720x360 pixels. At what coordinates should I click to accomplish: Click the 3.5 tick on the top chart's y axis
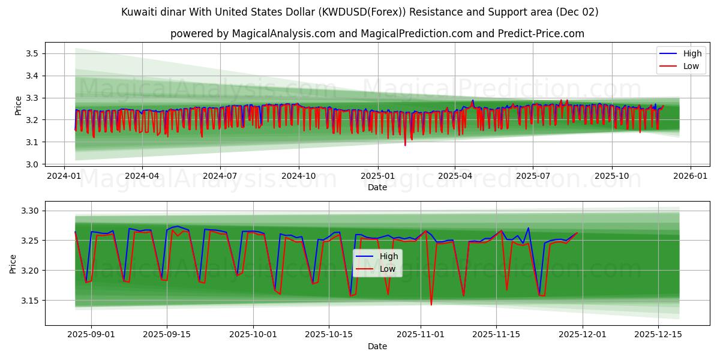[31, 54]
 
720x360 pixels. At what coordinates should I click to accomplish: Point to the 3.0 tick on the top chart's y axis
[31, 164]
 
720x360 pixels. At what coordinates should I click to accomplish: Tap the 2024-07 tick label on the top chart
[220, 176]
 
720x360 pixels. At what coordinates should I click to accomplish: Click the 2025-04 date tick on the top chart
[455, 176]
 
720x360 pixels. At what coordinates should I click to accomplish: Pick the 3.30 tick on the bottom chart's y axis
[28, 211]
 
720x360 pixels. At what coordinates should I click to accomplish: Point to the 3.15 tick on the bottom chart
[28, 301]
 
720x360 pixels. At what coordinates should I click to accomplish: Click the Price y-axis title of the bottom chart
[13, 264]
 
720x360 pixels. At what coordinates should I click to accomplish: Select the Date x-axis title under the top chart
[377, 188]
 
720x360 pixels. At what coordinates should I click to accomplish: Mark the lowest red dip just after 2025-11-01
[431, 305]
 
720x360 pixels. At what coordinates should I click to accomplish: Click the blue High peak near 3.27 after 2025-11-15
[528, 228]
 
